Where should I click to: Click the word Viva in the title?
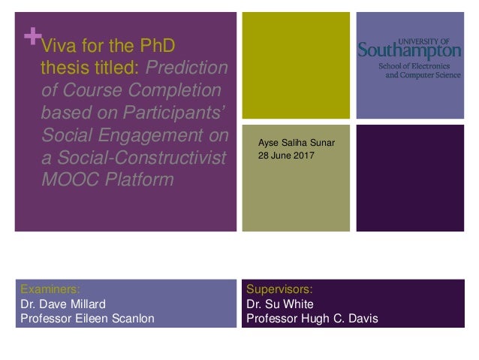[x=57, y=45]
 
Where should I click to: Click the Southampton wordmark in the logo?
[x=409, y=51]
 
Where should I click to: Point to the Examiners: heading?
[x=50, y=288]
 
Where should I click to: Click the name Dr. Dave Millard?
[x=64, y=304]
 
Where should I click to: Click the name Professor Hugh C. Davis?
[x=312, y=319]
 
